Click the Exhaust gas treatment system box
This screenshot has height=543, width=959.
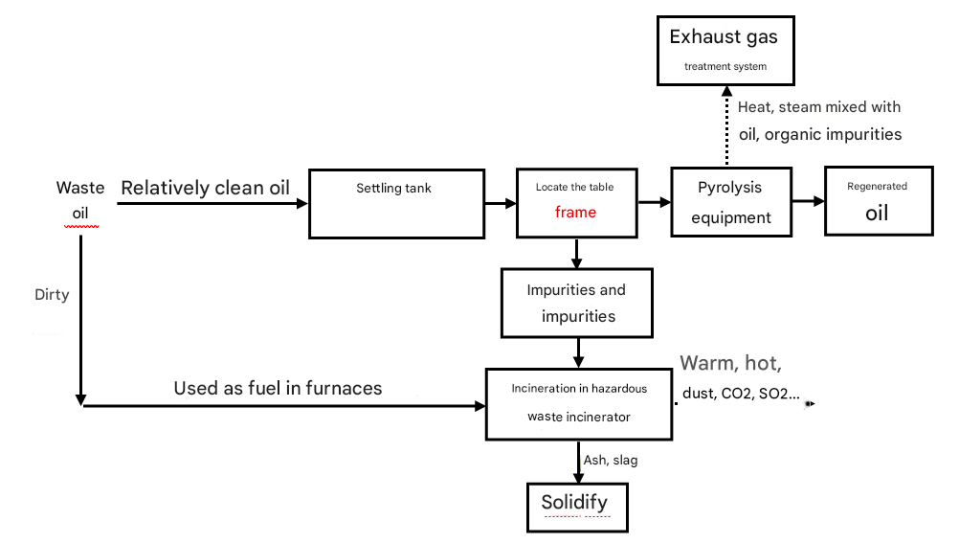[725, 51]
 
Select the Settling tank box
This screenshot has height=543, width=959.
[396, 204]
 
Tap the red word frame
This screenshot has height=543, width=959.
[575, 213]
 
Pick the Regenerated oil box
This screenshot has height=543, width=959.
[878, 202]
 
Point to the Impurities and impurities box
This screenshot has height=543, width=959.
[576, 302]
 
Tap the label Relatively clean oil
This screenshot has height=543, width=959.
[205, 188]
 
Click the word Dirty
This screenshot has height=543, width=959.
[52, 295]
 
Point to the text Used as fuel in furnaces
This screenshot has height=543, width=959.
[278, 388]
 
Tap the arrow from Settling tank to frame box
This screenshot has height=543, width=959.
[500, 203]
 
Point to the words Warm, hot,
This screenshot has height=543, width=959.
[731, 363]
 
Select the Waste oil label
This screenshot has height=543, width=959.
[80, 200]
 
